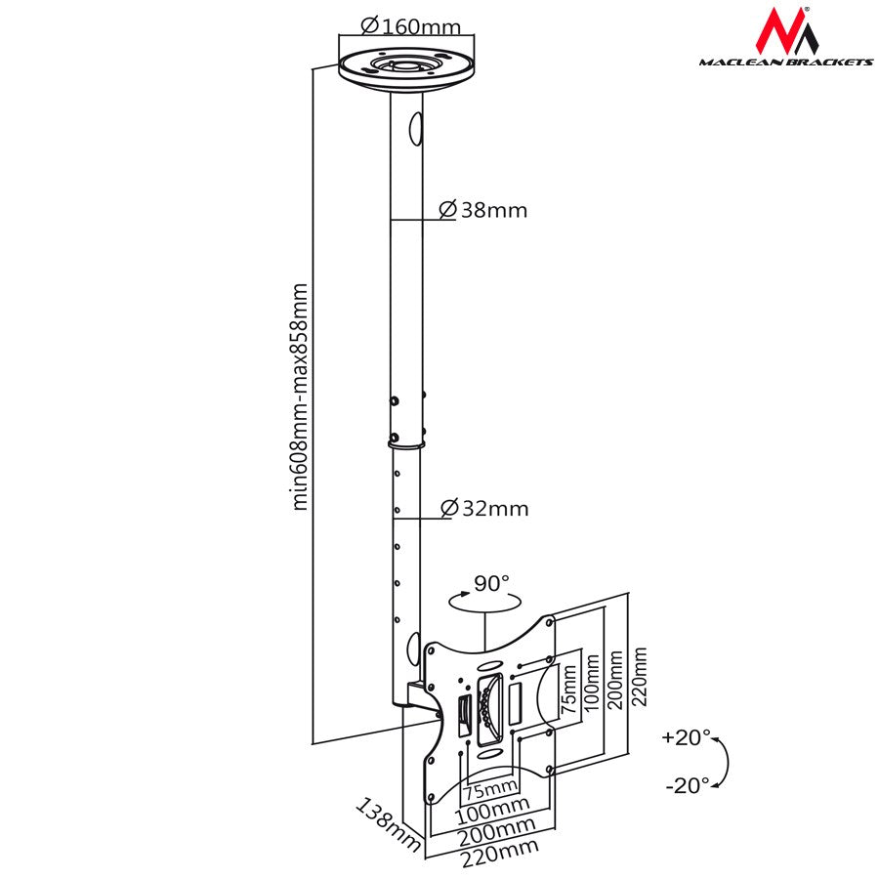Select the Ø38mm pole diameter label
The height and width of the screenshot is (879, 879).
482,209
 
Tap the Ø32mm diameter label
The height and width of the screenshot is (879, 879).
483,508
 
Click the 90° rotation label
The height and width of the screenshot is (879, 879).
491,584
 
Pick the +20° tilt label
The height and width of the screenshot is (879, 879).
686,737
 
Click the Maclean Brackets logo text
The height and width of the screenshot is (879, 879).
785,62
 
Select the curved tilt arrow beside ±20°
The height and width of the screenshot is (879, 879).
722,762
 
